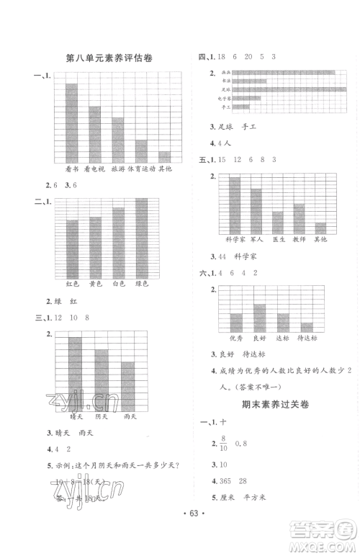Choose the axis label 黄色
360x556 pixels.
(95, 284)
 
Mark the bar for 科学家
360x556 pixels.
(235, 205)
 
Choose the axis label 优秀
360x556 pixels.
(236, 337)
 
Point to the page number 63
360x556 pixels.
(180, 534)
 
